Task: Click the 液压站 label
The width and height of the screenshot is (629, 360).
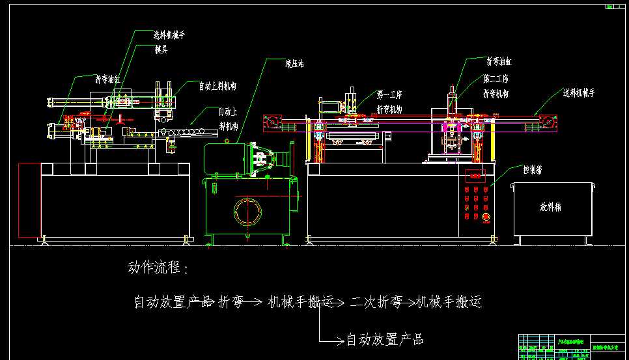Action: click(295, 64)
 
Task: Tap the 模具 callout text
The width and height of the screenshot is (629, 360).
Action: click(160, 49)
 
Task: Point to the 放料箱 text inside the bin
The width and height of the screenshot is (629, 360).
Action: click(550, 207)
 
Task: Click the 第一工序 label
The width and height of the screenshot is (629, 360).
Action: click(389, 94)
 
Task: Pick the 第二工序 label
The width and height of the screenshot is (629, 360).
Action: click(496, 79)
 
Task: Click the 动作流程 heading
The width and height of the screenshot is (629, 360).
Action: click(158, 268)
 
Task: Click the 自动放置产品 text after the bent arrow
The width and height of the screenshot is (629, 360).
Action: click(384, 339)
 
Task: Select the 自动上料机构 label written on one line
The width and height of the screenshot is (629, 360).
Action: click(217, 85)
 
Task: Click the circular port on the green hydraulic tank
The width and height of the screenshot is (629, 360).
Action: click(247, 211)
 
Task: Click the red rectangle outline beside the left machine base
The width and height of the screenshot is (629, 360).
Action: click(30, 200)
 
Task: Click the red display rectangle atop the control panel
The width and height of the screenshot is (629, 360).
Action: click(475, 174)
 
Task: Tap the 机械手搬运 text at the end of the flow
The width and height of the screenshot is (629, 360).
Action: click(449, 302)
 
